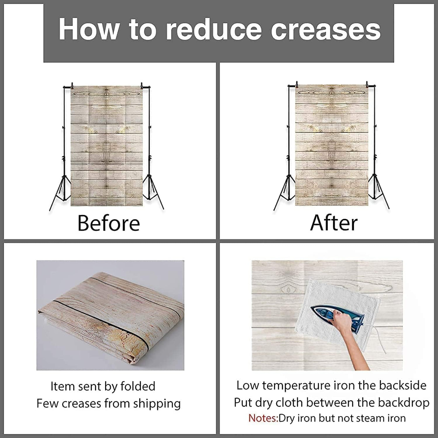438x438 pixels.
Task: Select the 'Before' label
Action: click(x=109, y=223)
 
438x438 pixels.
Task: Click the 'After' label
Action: click(x=334, y=223)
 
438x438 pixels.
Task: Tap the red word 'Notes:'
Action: click(x=263, y=418)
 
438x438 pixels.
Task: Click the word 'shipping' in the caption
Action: click(x=157, y=405)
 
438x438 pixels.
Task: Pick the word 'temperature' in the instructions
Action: click(x=296, y=385)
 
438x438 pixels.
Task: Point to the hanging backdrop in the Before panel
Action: click(x=107, y=146)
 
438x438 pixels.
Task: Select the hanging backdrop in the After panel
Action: click(x=332, y=145)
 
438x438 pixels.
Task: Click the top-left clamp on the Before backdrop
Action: click(x=72, y=86)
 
